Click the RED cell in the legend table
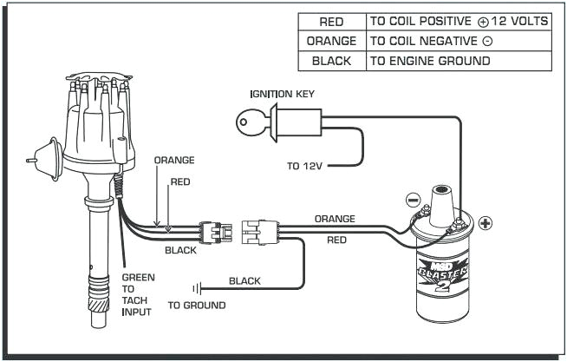331,21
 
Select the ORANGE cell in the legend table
331,41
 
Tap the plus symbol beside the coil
485,223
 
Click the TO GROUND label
197,306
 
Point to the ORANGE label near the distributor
173,161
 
